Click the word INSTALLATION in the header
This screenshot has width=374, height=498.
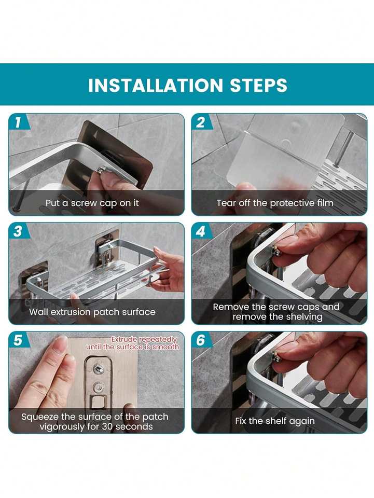tap(156, 85)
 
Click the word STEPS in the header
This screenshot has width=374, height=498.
tap(258, 85)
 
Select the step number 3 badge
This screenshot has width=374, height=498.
tap(18, 231)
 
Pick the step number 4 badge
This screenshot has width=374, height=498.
tap(201, 231)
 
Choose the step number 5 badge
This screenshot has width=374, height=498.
tap(18, 340)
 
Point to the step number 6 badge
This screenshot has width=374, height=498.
tap(201, 340)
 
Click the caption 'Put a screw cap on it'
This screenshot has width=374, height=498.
tap(92, 203)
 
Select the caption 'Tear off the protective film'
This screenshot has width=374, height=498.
tap(275, 203)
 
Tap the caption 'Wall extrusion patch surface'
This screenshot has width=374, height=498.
tap(92, 312)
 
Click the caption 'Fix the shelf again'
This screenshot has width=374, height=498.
tap(275, 421)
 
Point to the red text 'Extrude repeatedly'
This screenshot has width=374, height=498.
tap(144, 339)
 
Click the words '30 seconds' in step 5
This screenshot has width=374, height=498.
tap(129, 426)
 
